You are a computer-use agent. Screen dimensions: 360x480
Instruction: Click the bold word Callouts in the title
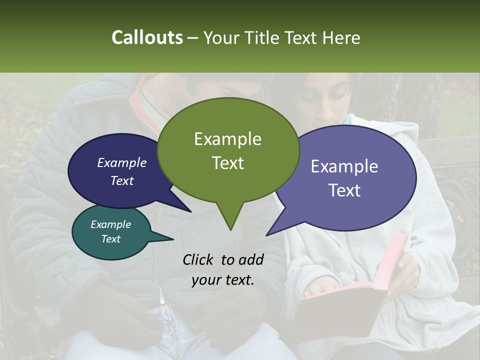click(147, 37)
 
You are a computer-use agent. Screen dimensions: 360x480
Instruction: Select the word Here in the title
click(342, 37)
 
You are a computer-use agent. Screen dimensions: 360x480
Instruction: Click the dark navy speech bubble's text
click(121, 171)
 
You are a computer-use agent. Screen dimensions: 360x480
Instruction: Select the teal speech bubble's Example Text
click(110, 231)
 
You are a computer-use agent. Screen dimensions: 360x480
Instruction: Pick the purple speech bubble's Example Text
click(344, 178)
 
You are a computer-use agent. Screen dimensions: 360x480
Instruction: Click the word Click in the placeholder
click(198, 259)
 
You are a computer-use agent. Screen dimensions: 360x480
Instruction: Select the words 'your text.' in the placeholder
click(223, 280)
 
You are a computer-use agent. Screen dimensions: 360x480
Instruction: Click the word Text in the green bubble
click(227, 163)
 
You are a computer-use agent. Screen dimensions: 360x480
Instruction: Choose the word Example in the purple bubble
click(344, 166)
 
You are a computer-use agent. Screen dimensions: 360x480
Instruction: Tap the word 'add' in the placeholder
click(251, 259)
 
